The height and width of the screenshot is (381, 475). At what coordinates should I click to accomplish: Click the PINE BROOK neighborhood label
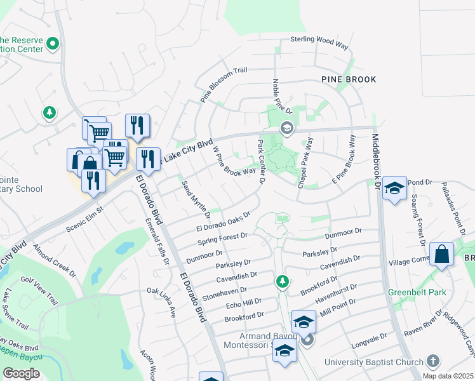tap(349, 79)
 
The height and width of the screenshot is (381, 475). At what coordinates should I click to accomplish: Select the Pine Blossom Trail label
tap(223, 85)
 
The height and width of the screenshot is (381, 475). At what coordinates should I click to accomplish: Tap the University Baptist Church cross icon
tap(433, 361)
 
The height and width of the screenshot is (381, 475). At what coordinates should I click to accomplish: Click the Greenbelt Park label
tap(417, 292)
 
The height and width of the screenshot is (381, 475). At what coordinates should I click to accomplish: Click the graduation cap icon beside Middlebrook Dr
tap(394, 188)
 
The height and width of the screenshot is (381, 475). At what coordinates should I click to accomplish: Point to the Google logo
tap(21, 373)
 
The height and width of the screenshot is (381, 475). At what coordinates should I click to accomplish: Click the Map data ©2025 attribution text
tap(448, 376)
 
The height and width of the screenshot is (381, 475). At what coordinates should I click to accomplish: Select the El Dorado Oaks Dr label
tap(222, 224)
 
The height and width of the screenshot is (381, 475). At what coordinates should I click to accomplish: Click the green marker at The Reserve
tap(53, 44)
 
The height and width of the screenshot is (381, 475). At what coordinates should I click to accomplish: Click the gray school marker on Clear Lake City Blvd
tap(286, 128)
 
